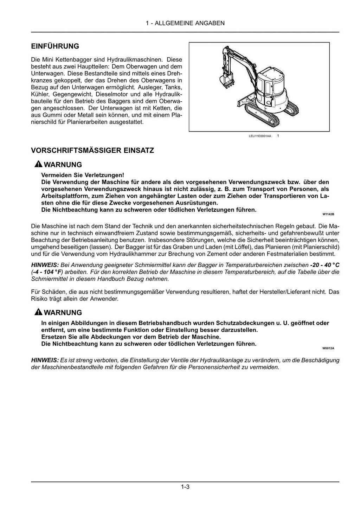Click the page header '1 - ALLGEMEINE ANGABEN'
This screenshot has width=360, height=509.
click(185, 23)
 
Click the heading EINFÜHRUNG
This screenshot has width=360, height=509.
click(55, 46)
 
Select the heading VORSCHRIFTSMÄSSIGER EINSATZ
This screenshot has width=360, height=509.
click(92, 151)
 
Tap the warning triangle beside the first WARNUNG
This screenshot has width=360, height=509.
click(38, 165)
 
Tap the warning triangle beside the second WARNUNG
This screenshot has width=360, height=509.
click(38, 312)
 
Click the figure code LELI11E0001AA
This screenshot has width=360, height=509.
click(260, 136)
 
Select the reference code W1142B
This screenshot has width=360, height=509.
click(328, 214)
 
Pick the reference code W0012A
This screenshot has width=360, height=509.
click(328, 348)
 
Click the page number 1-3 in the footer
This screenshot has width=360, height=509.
click(185, 487)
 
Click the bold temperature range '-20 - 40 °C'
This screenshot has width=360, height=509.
click(324, 265)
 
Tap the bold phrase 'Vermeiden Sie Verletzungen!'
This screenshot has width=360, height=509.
click(83, 175)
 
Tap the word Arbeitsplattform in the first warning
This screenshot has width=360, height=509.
click(62, 196)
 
